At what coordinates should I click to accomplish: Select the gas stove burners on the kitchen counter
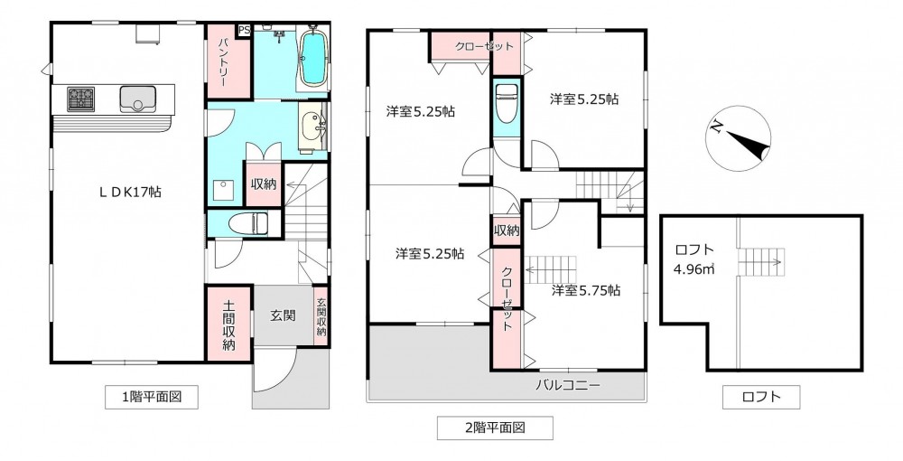tap(80, 99)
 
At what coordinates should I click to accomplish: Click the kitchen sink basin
tap(137, 99)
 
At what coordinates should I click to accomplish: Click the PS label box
tap(244, 30)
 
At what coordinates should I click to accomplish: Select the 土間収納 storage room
tap(229, 324)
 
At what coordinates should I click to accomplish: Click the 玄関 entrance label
tap(283, 315)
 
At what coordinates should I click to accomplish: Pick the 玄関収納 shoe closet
tap(321, 316)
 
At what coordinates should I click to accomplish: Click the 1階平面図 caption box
tap(152, 397)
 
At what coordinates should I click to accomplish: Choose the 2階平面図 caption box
tap(495, 428)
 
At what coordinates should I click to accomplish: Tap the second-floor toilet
tap(507, 104)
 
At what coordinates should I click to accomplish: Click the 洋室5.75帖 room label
tap(586, 291)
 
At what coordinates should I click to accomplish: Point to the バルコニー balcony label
tap(568, 384)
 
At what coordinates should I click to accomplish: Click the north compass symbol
tap(739, 138)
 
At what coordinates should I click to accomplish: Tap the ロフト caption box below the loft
tap(761, 397)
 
